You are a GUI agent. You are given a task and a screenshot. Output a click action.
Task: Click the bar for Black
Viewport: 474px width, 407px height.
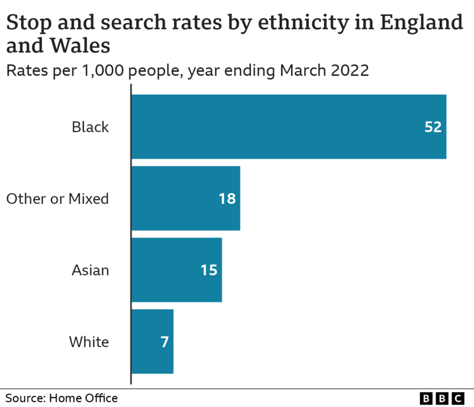288,127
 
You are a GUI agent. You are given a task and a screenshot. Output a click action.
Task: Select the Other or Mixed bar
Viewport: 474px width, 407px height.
185,198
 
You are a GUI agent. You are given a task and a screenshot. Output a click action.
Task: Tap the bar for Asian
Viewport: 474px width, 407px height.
176,270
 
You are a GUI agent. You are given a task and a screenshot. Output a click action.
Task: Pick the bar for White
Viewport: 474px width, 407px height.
152,342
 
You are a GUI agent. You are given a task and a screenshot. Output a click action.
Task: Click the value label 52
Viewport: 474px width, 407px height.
433,127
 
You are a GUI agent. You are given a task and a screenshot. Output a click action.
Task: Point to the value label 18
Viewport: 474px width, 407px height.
227,198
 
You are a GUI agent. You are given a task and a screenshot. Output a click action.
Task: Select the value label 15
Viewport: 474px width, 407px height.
209,270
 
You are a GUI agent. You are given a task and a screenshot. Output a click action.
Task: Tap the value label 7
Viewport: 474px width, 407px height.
164,342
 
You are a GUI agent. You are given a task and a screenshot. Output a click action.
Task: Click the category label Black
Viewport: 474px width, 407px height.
90,127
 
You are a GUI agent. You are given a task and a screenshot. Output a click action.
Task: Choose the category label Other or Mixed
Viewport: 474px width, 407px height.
57,198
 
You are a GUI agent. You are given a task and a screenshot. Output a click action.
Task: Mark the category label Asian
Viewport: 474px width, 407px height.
90,270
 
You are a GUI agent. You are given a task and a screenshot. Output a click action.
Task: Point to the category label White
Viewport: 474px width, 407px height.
89,342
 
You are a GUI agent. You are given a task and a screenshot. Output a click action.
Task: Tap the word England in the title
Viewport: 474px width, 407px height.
421,23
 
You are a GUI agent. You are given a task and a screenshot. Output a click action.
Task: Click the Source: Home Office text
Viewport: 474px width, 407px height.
62,398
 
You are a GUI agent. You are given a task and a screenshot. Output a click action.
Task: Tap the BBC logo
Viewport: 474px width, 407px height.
443,399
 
